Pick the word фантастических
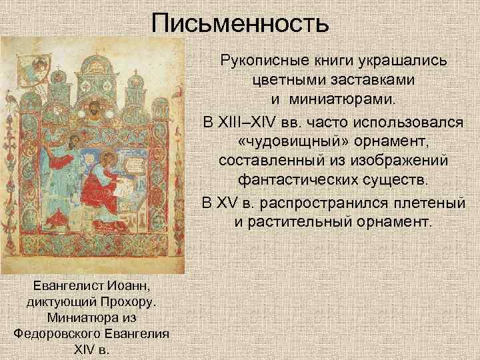[x=306, y=181]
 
